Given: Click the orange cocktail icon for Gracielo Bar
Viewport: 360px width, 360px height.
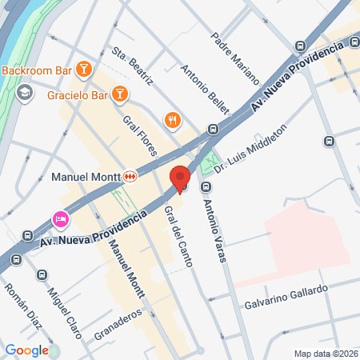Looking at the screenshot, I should tap(119, 95).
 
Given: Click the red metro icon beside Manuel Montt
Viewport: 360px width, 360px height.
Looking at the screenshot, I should tap(129, 176).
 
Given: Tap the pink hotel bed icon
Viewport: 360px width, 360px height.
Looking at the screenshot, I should tap(59, 218).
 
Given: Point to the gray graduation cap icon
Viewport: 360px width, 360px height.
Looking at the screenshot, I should tap(24, 93).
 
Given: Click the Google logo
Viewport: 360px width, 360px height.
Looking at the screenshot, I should tap(26, 350).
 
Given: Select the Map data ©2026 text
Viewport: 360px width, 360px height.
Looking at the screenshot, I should tap(325, 354).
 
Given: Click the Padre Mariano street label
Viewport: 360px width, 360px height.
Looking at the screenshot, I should tap(235, 58).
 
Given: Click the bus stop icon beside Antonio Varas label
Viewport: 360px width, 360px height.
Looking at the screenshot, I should tap(206, 187).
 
